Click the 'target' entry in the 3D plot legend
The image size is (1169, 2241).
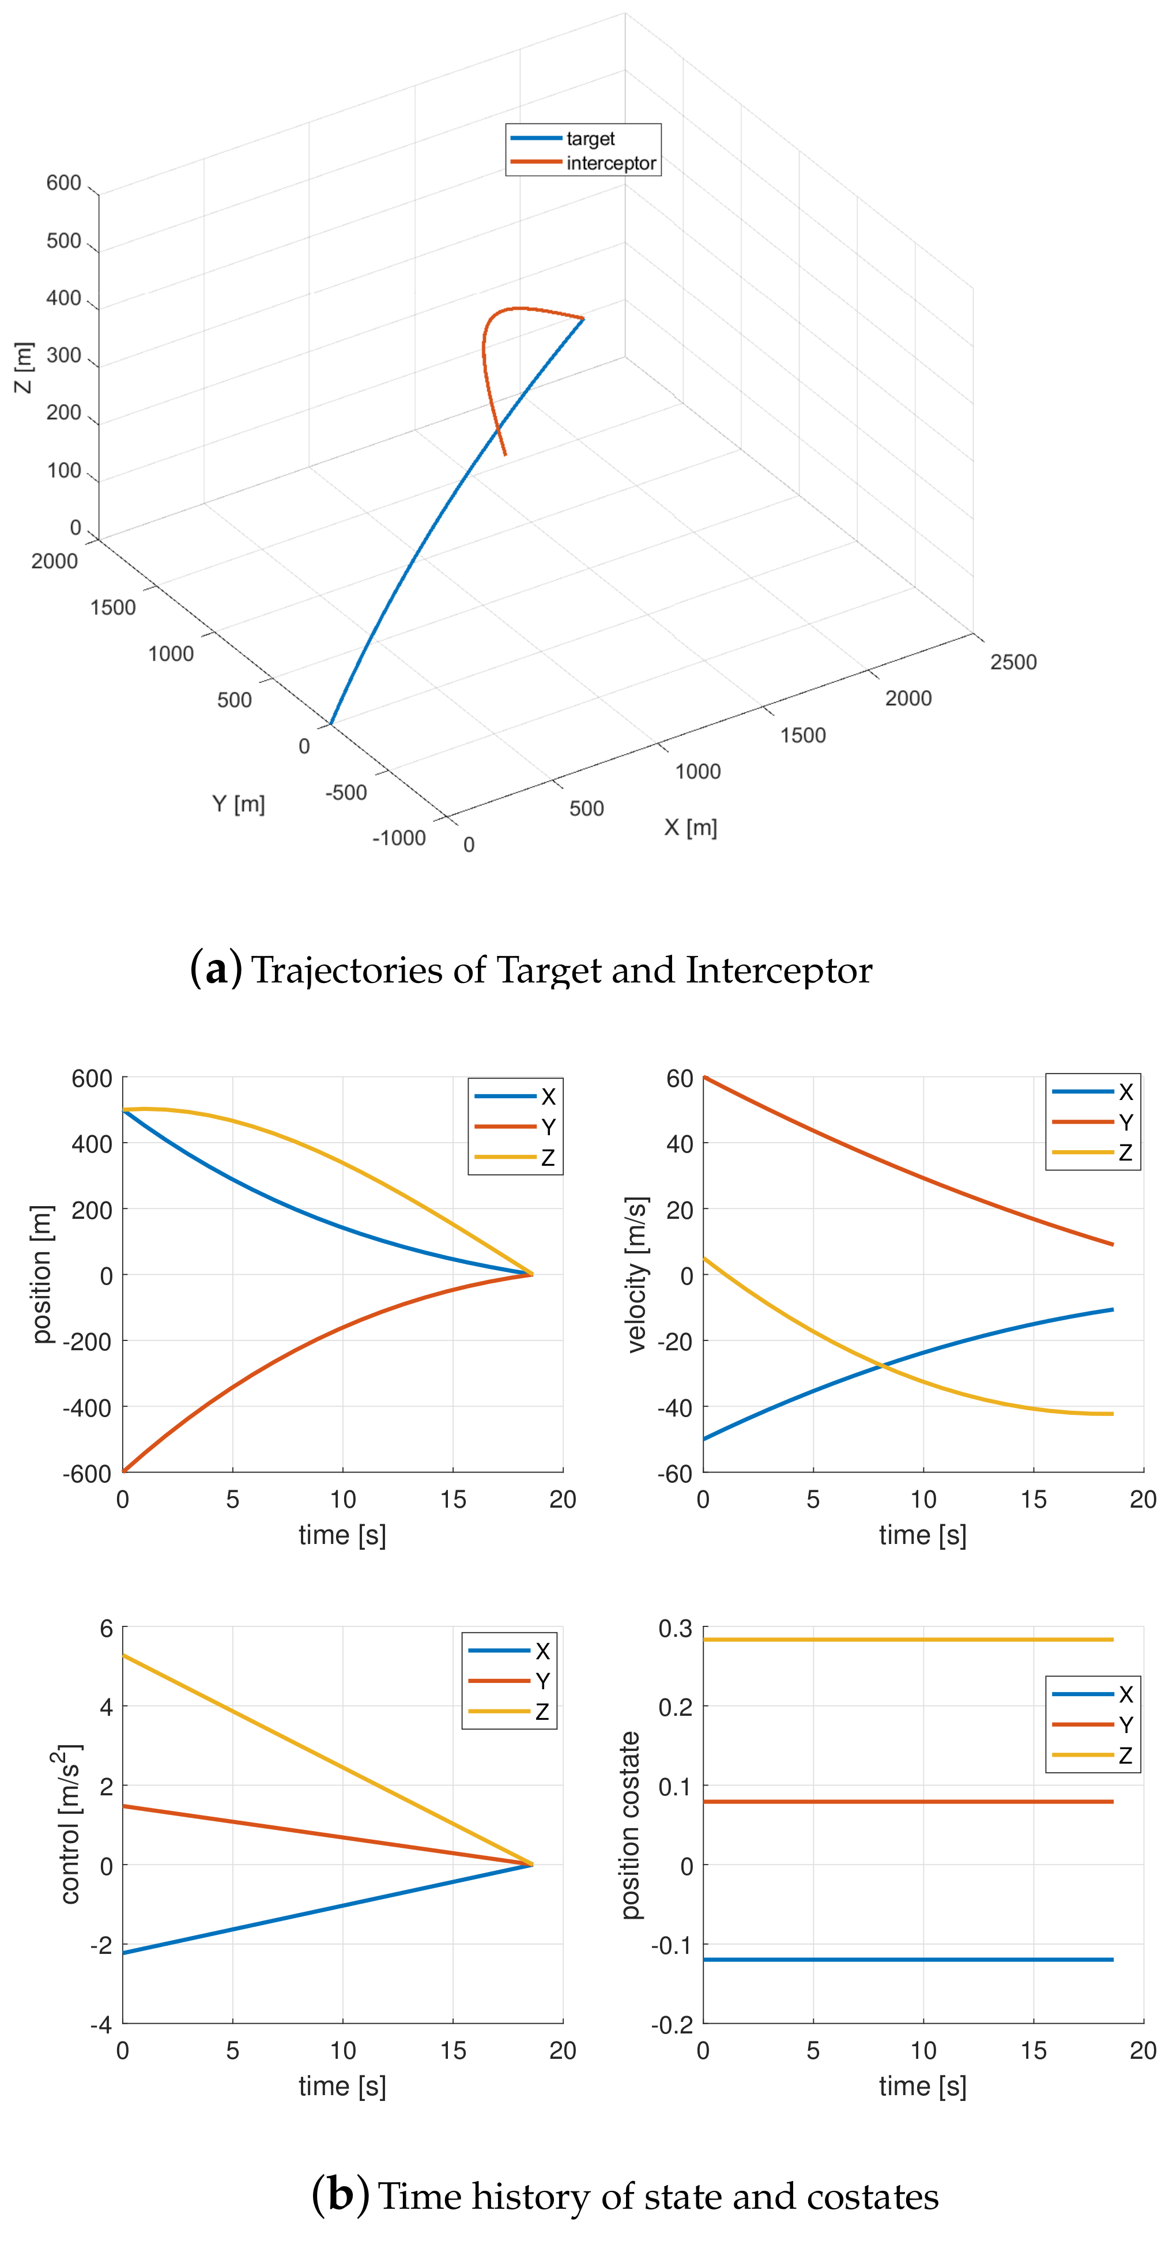point(590,138)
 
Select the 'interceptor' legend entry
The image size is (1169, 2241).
point(610,163)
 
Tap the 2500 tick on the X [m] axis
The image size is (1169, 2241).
point(1013,662)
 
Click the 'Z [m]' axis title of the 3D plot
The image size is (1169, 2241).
point(24,367)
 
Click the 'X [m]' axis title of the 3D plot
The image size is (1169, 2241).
point(691,827)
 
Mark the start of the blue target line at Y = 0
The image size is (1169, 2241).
point(331,723)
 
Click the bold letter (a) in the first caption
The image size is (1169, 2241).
point(215,969)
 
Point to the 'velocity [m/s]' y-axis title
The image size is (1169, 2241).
point(638,1275)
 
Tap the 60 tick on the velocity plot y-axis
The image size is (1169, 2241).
point(679,1079)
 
